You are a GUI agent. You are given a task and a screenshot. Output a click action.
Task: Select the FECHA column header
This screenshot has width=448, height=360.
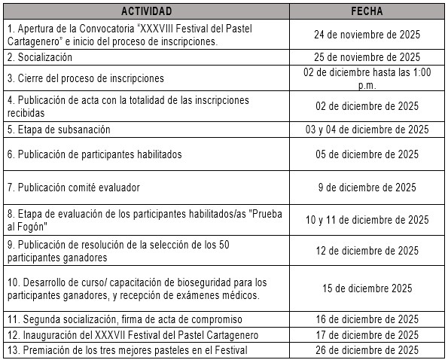click(367, 11)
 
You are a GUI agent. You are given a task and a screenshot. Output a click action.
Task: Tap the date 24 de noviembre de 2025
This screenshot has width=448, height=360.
click(367, 35)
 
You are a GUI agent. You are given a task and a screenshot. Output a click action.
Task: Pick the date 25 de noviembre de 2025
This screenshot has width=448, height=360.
click(367, 57)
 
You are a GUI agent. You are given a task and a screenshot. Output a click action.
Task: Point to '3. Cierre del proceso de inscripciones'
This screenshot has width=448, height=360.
click(85, 78)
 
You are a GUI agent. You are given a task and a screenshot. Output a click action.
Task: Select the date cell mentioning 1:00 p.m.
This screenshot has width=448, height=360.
click(367, 78)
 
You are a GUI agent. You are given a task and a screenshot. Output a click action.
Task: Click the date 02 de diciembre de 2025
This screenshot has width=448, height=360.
click(367, 106)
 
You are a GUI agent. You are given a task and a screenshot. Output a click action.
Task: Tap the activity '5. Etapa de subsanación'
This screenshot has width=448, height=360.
click(59, 130)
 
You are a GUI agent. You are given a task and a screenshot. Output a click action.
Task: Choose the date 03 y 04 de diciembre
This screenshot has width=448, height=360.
click(367, 130)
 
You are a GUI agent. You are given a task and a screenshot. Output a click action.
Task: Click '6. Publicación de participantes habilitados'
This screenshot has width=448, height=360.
click(94, 155)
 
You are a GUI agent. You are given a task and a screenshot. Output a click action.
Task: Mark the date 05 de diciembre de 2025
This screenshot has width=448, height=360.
click(367, 155)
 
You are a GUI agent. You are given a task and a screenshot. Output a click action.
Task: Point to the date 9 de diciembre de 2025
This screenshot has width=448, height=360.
click(367, 188)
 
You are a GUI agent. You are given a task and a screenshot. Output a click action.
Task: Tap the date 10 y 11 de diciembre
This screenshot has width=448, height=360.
click(367, 220)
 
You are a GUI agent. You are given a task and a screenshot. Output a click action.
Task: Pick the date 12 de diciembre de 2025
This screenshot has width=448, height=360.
click(367, 251)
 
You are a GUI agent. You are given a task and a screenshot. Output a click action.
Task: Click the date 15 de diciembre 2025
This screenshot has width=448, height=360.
click(367, 288)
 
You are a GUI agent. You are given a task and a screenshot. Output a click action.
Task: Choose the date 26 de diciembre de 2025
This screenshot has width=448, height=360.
click(367, 349)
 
